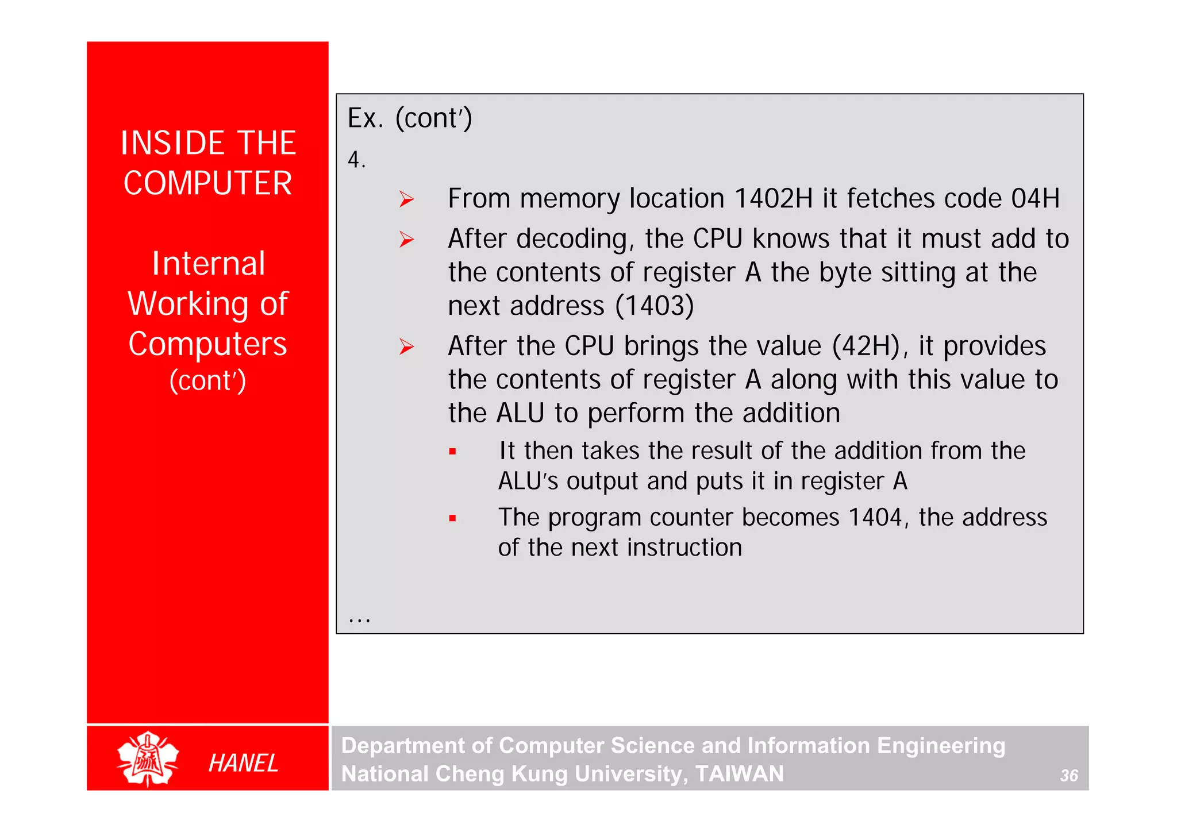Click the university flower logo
pyautogui.click(x=148, y=758)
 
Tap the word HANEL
pyautogui.click(x=243, y=763)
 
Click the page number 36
pyautogui.click(x=1068, y=776)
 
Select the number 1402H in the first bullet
pyautogui.click(x=773, y=199)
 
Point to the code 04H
pyautogui.click(x=1035, y=199)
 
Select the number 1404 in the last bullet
pyautogui.click(x=875, y=517)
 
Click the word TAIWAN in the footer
pyautogui.click(x=739, y=774)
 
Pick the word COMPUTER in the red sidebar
pyautogui.click(x=207, y=183)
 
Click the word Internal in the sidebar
pyautogui.click(x=208, y=264)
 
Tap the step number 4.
pyautogui.click(x=355, y=160)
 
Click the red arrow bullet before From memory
pyautogui.click(x=406, y=199)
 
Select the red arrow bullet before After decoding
pyautogui.click(x=406, y=240)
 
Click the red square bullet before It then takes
pyautogui.click(x=452, y=452)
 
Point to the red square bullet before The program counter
pyautogui.click(x=452, y=518)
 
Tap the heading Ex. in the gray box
pyautogui.click(x=365, y=118)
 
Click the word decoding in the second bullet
pyautogui.click(x=571, y=239)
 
